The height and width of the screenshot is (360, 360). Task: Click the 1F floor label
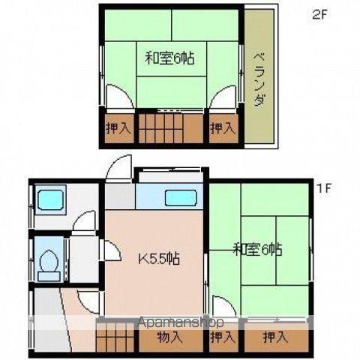click(324, 188)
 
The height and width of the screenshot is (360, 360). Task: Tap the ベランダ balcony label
click(259, 79)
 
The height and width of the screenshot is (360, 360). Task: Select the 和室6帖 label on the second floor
click(169, 58)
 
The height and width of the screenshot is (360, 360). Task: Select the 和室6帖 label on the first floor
click(257, 249)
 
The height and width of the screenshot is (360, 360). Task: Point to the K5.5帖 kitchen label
click(159, 259)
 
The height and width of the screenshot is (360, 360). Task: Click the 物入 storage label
click(169, 337)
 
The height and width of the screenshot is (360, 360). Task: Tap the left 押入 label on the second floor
click(118, 128)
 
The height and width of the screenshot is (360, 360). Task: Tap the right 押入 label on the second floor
click(223, 128)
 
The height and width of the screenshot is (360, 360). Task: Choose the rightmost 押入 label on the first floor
click(275, 337)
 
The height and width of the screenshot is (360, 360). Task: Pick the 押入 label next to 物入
click(223, 337)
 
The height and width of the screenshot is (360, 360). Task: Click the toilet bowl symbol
click(49, 265)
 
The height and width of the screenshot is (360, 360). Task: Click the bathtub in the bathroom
click(50, 199)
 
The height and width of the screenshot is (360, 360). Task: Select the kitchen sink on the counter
click(181, 198)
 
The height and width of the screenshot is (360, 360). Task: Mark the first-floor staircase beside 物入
click(115, 337)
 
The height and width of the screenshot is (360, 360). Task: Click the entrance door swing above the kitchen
click(118, 167)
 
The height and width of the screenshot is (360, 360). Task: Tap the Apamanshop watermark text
click(181, 322)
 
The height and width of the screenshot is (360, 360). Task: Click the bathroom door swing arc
click(84, 221)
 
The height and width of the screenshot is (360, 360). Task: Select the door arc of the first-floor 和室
click(224, 307)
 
